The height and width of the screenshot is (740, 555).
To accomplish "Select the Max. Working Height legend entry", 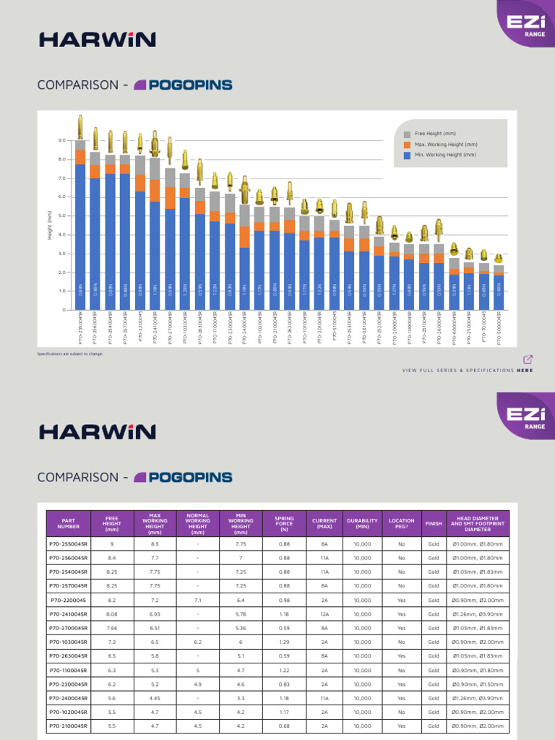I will [x=439, y=145].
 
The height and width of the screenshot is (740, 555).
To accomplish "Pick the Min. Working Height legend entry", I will [x=439, y=155].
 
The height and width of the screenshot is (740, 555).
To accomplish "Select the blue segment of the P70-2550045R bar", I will [x=80, y=231].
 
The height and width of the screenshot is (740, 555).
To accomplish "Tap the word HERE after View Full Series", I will [x=525, y=370].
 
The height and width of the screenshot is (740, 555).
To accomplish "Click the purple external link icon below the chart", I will [x=528, y=359].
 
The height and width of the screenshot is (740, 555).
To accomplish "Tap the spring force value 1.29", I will [x=284, y=642].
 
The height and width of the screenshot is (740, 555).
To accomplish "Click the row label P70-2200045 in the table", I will [x=68, y=600].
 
